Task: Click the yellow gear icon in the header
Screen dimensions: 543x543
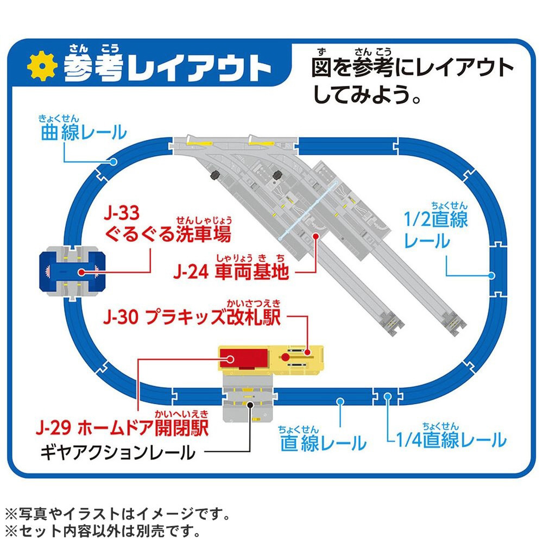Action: (42, 66)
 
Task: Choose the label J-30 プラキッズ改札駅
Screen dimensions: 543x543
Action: (192, 313)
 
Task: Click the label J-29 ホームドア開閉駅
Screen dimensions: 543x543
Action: (122, 424)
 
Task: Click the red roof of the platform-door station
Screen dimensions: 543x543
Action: (244, 358)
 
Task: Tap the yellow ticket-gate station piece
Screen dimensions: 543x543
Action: (297, 360)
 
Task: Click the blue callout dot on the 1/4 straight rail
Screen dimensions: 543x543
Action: (388, 397)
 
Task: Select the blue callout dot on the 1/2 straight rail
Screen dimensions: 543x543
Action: (491, 276)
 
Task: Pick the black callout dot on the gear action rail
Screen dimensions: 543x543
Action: (250, 405)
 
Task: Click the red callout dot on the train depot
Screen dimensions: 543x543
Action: (315, 236)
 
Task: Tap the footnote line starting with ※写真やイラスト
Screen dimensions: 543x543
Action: (118, 514)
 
